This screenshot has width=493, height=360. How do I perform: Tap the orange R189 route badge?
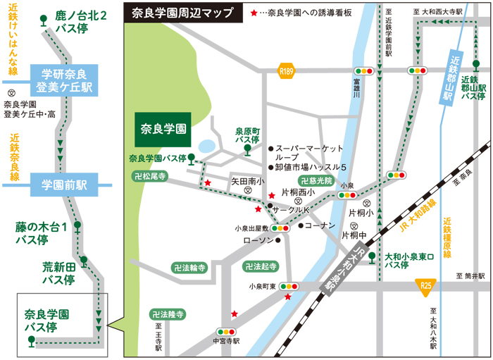pos(285,70)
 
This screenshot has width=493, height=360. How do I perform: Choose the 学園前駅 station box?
pos(63,185)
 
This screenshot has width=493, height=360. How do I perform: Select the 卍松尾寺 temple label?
pos(150,176)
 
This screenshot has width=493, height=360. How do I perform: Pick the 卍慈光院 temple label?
pos(315,181)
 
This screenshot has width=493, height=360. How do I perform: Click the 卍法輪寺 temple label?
pos(189,268)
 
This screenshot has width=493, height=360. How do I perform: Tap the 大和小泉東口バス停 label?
pos(406,261)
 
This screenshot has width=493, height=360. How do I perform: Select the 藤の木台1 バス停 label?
pos(42,233)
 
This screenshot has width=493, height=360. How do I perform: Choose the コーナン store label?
pos(321,225)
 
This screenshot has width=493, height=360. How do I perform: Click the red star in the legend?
pos(254,13)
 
